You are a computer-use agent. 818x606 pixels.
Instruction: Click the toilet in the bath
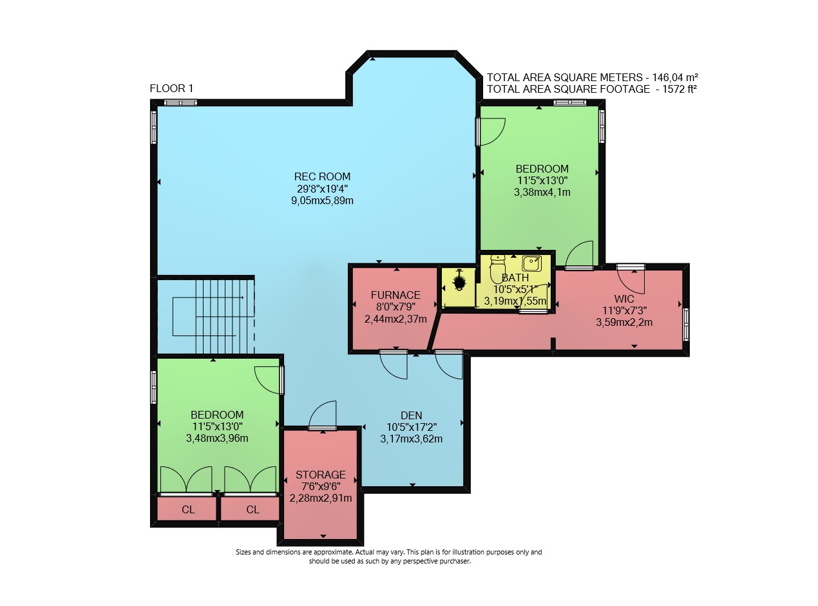pos(497,269)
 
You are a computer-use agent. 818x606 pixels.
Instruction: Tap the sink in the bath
pos(531,264)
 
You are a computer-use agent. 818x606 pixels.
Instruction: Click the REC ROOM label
pos(322,176)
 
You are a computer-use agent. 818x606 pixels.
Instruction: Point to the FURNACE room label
pos(395,295)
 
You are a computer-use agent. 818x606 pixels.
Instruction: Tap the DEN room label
pos(411,415)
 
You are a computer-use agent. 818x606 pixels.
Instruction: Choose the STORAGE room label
pos(321,475)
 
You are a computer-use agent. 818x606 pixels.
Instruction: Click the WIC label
pos(624,299)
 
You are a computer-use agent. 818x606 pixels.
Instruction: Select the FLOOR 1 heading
pos(171,88)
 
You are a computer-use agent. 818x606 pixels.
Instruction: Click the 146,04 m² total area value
pos(675,77)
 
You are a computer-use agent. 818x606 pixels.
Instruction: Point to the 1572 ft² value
pos(680,90)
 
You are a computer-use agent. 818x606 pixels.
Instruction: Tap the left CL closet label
pos(188,510)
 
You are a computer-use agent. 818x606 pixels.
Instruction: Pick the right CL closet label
pos(252,510)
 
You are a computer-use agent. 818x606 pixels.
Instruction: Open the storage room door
pos(322,415)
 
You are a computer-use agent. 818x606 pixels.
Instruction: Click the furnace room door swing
pos(394,366)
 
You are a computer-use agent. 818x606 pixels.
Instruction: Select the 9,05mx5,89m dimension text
pos(322,201)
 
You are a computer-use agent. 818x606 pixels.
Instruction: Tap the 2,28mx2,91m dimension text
pos(321,498)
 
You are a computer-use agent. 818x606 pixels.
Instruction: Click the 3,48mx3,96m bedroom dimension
pos(217,438)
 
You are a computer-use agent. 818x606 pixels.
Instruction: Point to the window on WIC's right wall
pos(686,325)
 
